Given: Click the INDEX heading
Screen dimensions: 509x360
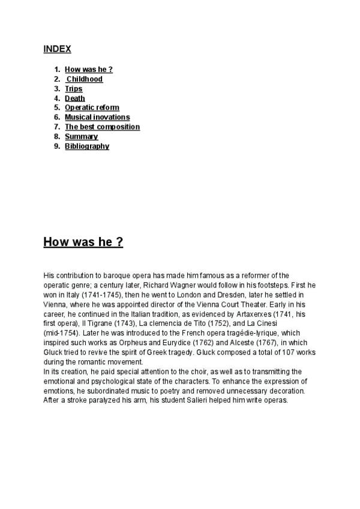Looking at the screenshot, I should (57, 49).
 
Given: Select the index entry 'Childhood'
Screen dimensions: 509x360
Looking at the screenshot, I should (85, 79).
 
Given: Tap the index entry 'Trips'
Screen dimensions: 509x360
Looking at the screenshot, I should (74, 89).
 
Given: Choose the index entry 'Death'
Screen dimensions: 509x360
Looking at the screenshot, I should (75, 98).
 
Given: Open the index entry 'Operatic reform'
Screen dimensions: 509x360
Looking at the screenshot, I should (92, 108).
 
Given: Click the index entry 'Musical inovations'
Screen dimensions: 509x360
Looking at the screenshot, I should (97, 118).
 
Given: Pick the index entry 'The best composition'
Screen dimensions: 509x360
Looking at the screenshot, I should (102, 127).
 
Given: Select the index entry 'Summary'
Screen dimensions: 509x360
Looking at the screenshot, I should (82, 137).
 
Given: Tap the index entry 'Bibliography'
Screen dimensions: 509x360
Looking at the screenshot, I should (87, 146).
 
